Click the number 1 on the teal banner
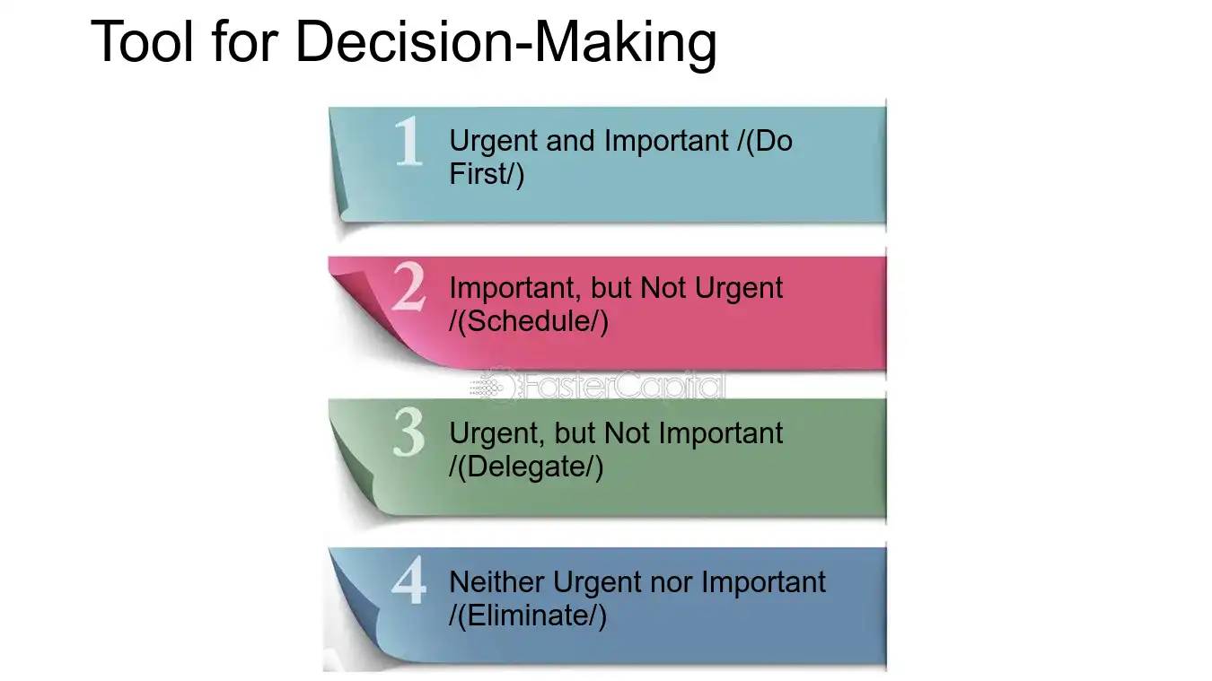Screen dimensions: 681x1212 408,143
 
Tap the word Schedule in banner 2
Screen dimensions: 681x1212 533,321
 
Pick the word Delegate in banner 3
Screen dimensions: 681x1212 531,467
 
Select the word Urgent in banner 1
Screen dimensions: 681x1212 490,141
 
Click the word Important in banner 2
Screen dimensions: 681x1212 512,288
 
